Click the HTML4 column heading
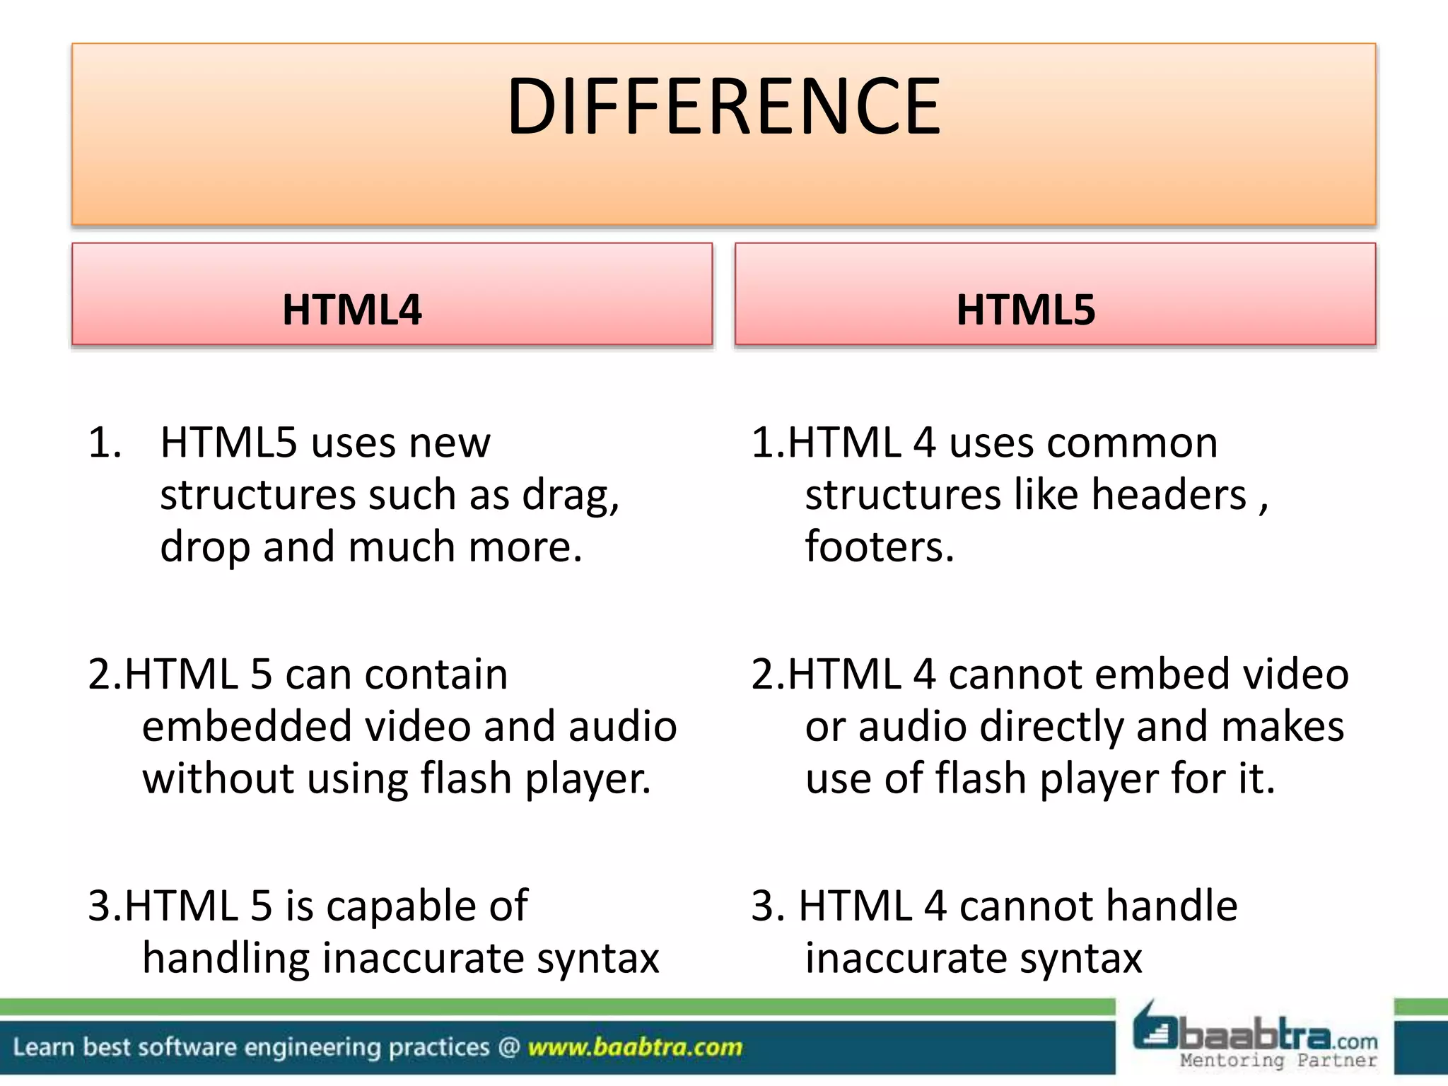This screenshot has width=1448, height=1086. [352, 310]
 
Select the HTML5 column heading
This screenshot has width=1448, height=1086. [1025, 310]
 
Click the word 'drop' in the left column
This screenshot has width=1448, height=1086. [205, 548]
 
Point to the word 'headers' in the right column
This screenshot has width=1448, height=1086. [1168, 494]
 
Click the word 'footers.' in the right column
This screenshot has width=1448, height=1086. [880, 547]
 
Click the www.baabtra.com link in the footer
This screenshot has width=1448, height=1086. [635, 1047]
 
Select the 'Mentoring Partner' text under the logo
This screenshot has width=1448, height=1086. [1278, 1061]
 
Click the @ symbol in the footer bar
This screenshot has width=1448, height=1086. [509, 1047]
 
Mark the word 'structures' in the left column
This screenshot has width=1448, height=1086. [257, 494]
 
